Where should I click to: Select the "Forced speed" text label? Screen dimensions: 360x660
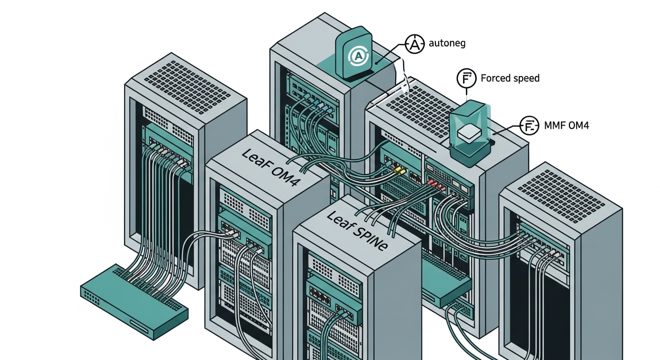pyautogui.click(x=510, y=78)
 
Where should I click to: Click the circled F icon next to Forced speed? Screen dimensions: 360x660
pyautogui.click(x=466, y=78)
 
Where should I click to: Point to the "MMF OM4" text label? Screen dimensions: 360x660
pyautogui.click(x=566, y=125)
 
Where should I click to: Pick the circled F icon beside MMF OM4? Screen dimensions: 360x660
pyautogui.click(x=530, y=126)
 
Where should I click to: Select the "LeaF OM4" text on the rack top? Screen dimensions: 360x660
pyautogui.click(x=269, y=167)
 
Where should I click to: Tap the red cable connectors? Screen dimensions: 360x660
pyautogui.click(x=434, y=186)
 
